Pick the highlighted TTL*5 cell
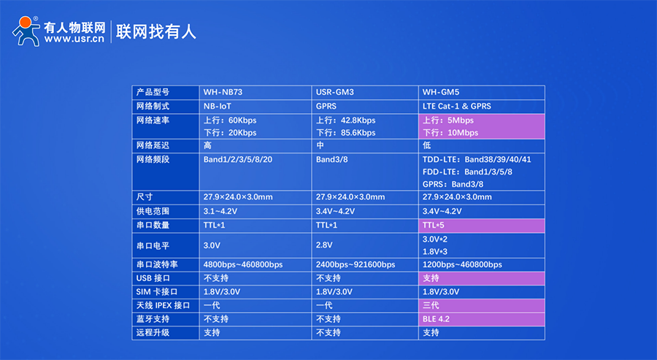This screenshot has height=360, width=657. click(482, 226)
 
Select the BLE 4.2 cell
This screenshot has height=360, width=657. click(482, 319)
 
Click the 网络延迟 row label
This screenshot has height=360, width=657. click(153, 145)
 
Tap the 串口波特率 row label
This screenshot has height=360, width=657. click(157, 264)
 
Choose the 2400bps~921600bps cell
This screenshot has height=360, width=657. click(356, 264)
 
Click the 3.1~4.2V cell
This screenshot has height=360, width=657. click(220, 211)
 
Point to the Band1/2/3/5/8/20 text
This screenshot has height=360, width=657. click(237, 160)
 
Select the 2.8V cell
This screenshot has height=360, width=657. click(324, 245)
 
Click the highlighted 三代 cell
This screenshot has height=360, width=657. click(482, 305)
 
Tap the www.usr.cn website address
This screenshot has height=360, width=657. click(74, 39)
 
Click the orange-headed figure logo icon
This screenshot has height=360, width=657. click(26, 31)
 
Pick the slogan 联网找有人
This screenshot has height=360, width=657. click(156, 31)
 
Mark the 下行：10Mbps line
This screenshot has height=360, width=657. click(450, 133)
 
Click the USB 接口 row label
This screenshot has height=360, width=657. click(153, 278)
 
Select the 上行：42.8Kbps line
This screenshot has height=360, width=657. click(346, 120)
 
